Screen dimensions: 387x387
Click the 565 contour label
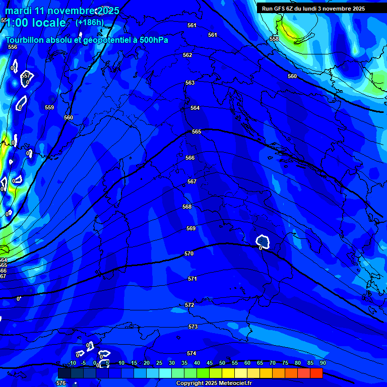[197, 132]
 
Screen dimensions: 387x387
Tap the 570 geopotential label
[189, 253]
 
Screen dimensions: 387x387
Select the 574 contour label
[191, 353]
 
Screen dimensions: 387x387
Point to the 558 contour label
[274, 39]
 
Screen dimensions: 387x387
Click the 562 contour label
[187, 55]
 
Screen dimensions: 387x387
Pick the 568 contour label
[187, 207]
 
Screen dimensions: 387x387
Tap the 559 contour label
[49, 107]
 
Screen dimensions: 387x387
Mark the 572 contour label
[189, 305]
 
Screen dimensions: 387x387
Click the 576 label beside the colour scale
[61, 383]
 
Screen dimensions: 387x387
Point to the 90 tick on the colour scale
[322, 363]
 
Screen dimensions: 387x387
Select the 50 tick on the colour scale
[222, 363]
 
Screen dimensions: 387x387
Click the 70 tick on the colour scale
[273, 363]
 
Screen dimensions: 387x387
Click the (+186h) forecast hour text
[90, 22]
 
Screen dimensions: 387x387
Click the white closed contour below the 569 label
[263, 241]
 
